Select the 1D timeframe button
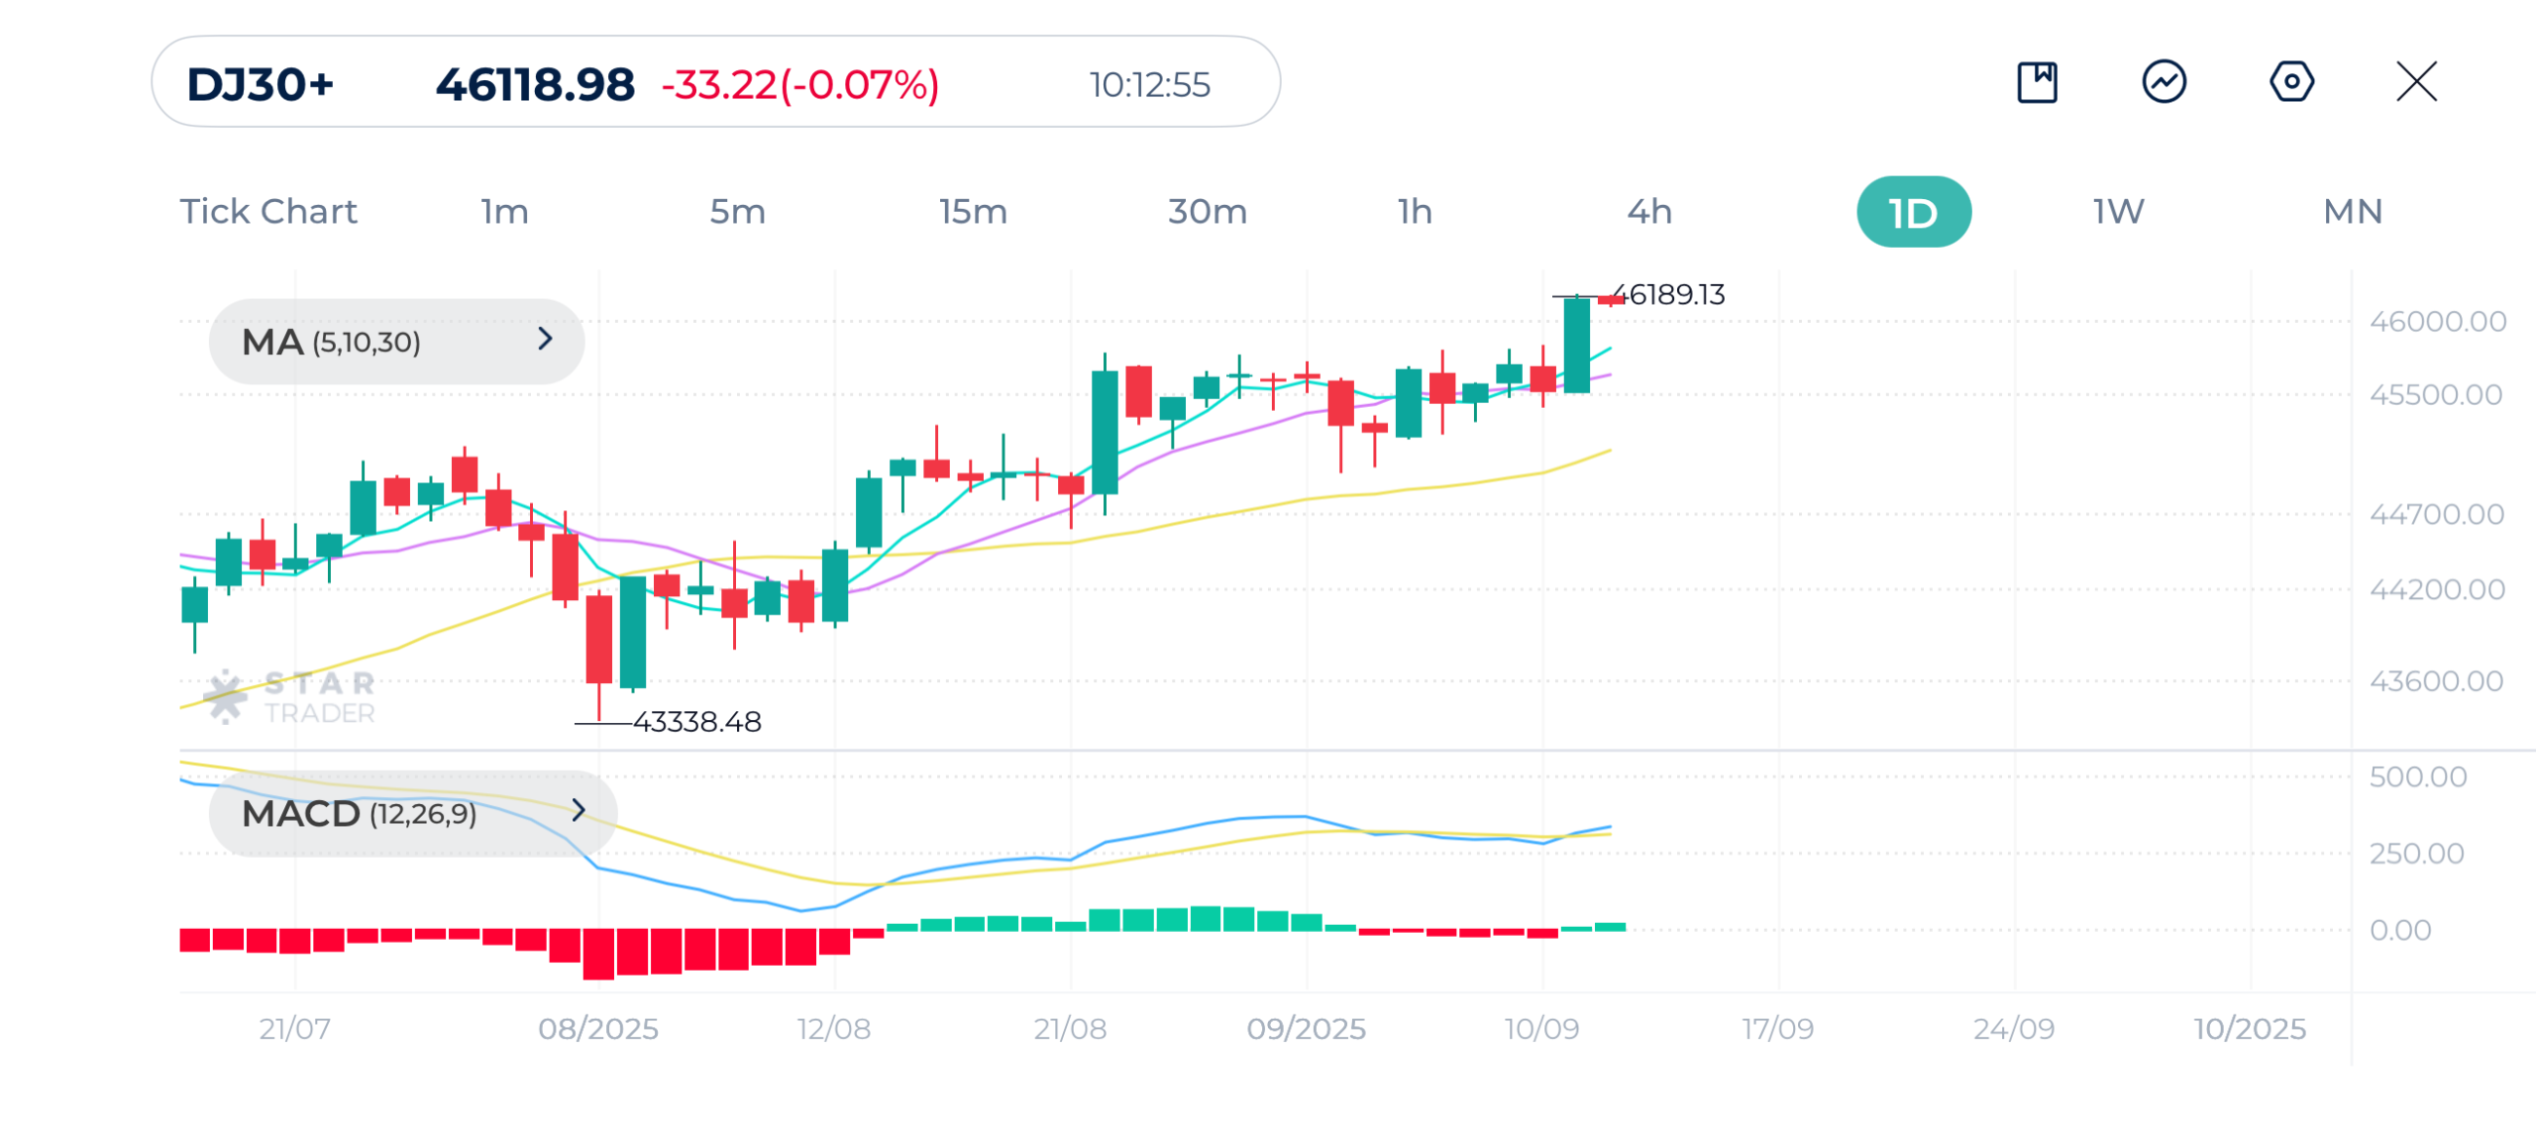click(x=1913, y=212)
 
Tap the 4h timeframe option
click(x=1649, y=212)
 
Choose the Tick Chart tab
click(x=267, y=212)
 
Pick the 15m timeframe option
click(x=973, y=212)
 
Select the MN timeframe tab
click(x=2353, y=212)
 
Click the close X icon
click(x=2416, y=82)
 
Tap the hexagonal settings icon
click(x=2291, y=82)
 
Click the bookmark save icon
click(x=2037, y=82)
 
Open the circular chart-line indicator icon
click(x=2164, y=82)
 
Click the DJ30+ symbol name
click(x=261, y=85)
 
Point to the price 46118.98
click(x=535, y=85)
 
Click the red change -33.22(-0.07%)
click(x=800, y=85)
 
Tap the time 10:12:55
click(x=1149, y=85)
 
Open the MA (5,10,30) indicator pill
click(x=396, y=342)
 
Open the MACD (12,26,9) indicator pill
click(x=412, y=813)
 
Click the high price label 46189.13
click(x=1676, y=295)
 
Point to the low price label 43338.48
click(x=697, y=722)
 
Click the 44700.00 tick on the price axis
click(x=2436, y=515)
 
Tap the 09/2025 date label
click(x=1306, y=1029)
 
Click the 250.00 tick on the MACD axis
click(x=2416, y=854)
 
